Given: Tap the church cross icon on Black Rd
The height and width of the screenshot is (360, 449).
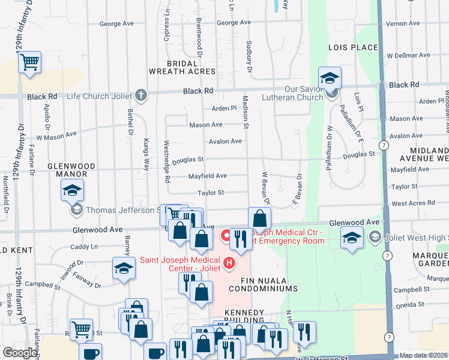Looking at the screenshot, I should coord(141,95).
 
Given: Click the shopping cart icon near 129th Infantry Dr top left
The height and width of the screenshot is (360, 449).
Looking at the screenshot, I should coord(29,62).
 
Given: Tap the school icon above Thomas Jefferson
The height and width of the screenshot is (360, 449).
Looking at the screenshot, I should coord(72,191).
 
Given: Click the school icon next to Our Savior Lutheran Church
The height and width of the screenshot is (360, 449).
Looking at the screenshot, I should coord(330,78).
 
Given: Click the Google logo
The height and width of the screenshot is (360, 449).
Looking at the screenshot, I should coord(19,353).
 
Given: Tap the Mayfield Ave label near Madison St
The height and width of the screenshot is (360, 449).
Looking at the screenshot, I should coord(207,176).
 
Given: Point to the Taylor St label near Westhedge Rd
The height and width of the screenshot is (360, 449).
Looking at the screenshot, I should coord(211,193).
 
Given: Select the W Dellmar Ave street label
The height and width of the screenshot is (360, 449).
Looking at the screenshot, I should coord(408,55).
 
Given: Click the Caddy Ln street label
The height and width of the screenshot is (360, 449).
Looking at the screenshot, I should coord(83,247).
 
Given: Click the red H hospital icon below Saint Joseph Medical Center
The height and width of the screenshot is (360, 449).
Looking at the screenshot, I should coord(228,263).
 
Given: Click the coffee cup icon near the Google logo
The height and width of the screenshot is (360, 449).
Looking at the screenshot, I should coord(90,353).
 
